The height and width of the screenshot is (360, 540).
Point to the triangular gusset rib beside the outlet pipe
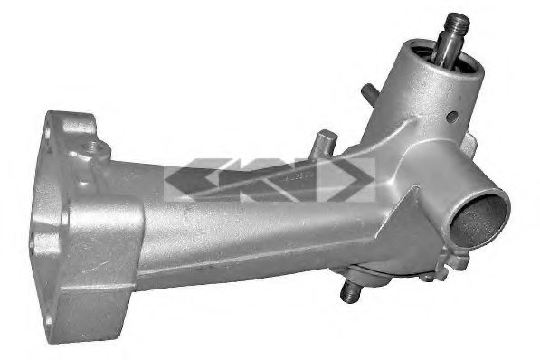(x=403, y=217)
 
